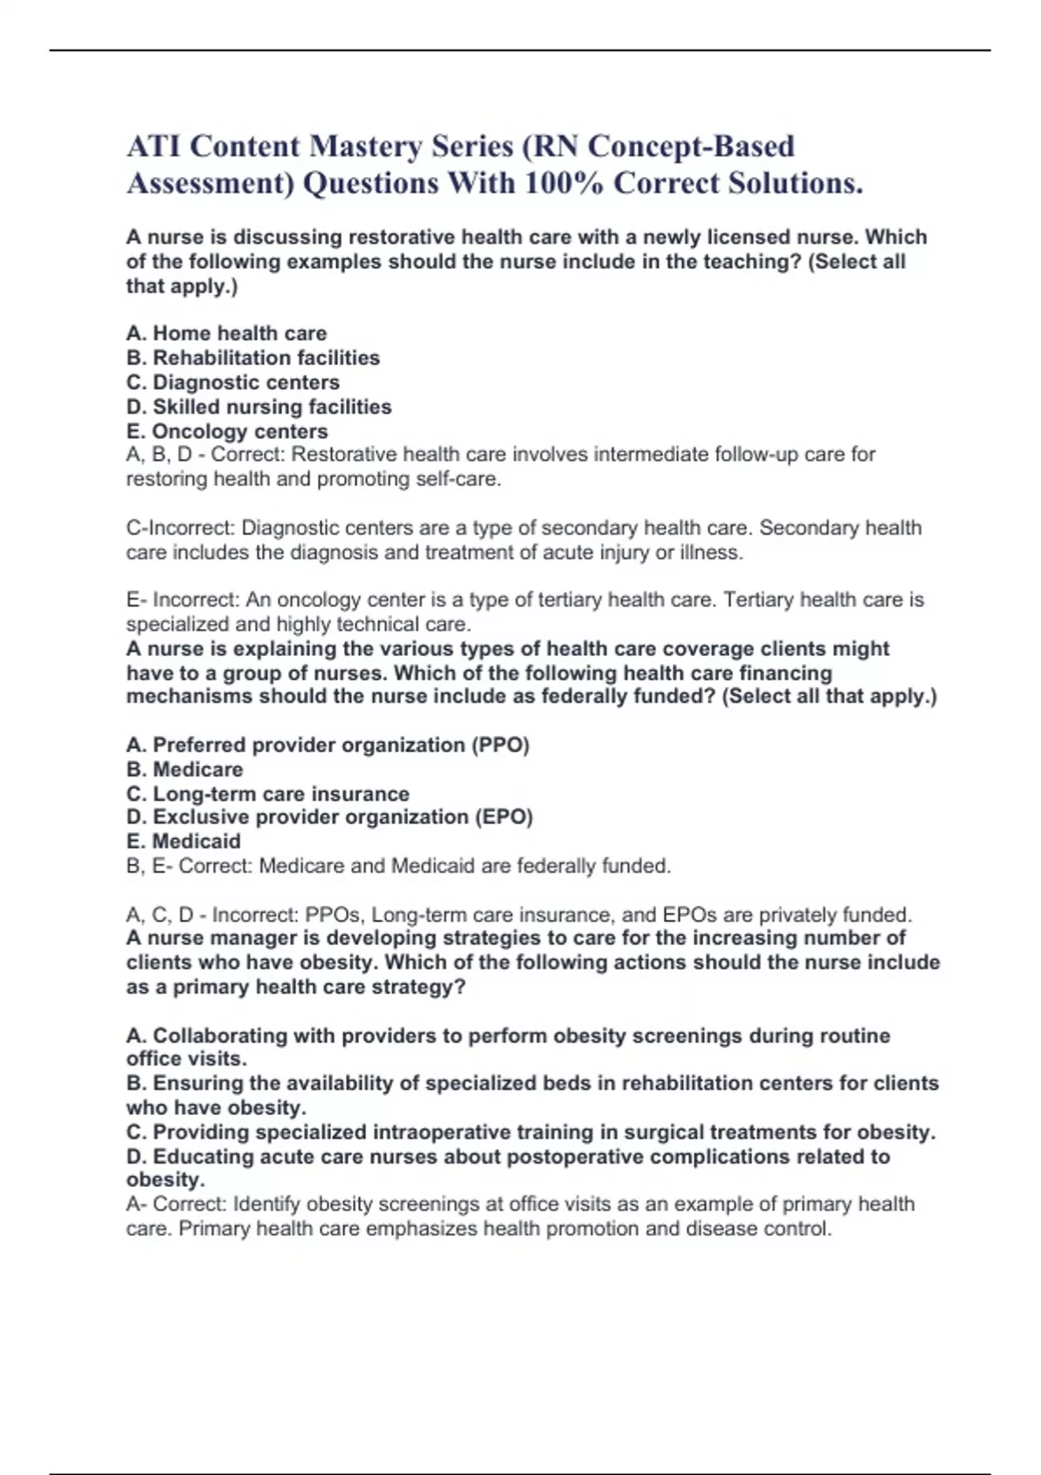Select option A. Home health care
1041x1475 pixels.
226,333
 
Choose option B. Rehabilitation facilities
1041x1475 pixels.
252,357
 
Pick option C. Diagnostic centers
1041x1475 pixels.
232,382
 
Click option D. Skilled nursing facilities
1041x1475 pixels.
259,407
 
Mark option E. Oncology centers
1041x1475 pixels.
226,431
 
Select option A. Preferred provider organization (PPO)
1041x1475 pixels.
327,745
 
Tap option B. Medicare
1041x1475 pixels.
184,770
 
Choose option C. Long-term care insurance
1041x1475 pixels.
267,794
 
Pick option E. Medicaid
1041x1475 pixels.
183,842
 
